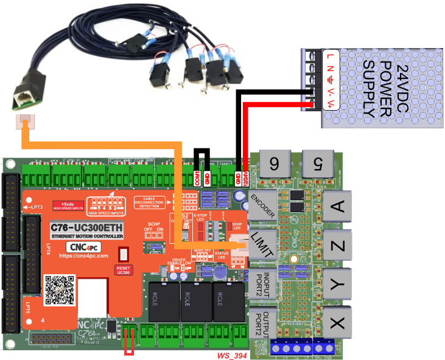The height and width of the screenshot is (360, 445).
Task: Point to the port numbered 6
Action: (275, 163)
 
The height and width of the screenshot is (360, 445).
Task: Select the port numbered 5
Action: (317, 163)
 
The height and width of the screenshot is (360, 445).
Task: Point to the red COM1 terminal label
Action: (198, 178)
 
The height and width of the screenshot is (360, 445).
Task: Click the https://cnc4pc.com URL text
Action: (84, 256)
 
